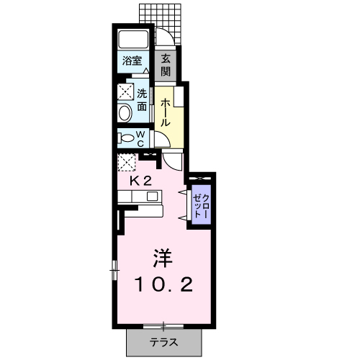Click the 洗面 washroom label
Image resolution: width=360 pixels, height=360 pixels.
coord(143,99)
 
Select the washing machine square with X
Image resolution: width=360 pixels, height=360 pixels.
coord(127,91)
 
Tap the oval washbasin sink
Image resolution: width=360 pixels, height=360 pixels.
coord(125,113)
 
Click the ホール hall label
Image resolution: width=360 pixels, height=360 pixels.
coord(165,112)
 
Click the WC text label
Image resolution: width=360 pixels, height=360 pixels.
coord(141,138)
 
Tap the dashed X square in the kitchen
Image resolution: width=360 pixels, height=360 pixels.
coord(127,162)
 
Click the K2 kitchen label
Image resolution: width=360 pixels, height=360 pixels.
coord(140,181)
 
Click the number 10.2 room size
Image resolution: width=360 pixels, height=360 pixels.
coord(163,285)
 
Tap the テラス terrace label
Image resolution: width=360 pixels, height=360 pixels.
coord(163,342)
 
